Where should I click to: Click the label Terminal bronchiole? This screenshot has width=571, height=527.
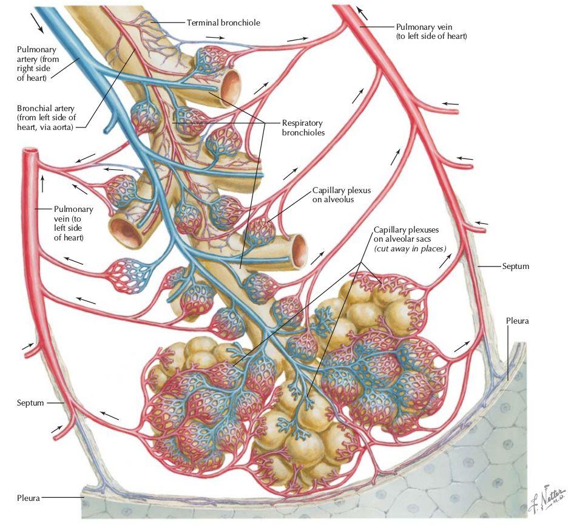click(223, 22)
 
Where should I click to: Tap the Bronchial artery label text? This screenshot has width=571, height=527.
click(46, 118)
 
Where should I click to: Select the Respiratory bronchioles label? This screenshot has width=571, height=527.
click(303, 127)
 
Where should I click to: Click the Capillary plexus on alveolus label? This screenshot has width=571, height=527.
click(342, 195)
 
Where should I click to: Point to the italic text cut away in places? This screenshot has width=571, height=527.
click(410, 248)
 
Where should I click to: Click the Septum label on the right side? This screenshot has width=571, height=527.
click(515, 266)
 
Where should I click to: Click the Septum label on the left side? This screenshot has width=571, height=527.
click(30, 403)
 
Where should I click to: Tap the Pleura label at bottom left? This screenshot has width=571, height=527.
click(29, 498)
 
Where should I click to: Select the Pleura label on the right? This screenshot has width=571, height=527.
click(517, 321)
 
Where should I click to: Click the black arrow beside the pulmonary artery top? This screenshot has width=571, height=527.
click(37, 23)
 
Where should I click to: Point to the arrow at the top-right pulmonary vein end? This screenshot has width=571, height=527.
click(362, 13)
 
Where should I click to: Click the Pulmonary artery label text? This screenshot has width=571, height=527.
click(38, 63)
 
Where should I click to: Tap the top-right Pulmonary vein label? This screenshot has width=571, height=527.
click(431, 32)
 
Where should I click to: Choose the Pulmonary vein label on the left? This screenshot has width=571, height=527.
click(73, 223)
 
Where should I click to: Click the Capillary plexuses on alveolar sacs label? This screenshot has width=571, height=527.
click(406, 234)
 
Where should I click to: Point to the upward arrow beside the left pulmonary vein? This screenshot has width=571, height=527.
click(42, 184)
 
